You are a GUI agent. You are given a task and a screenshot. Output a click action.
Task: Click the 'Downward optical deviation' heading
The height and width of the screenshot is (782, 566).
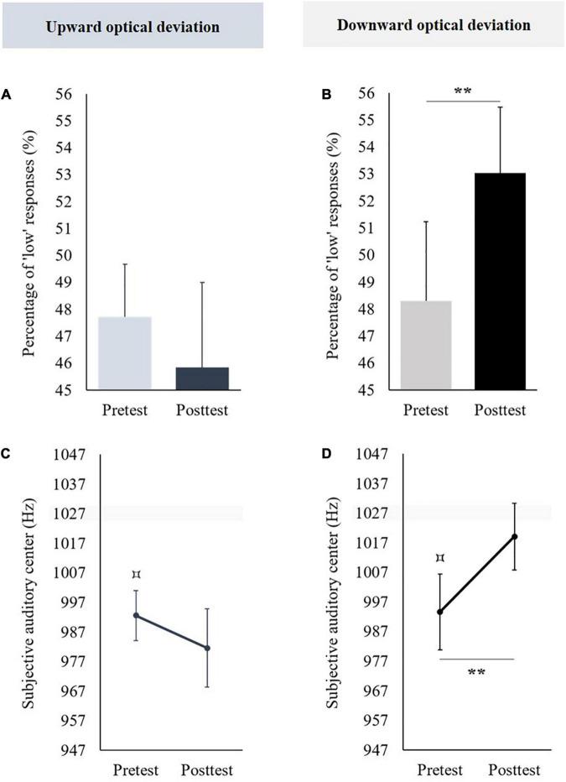tap(433, 25)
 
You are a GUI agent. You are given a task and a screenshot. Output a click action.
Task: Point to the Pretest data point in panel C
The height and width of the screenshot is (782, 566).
tap(136, 615)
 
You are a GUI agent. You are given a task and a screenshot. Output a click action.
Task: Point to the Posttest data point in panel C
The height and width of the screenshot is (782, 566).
tap(207, 648)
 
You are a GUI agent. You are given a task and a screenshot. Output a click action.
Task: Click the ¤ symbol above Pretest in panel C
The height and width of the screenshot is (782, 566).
tap(136, 575)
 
